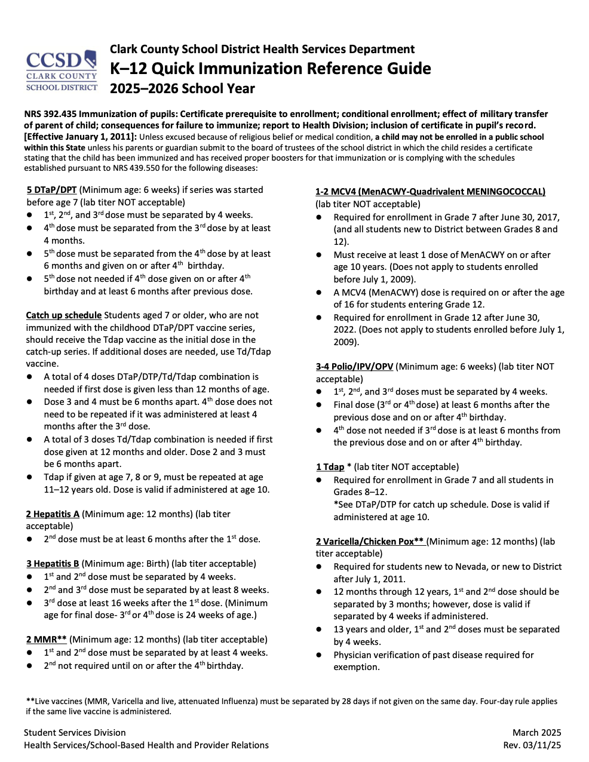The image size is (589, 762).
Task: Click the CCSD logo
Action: [61, 70]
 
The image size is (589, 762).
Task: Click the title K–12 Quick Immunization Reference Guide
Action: [270, 69]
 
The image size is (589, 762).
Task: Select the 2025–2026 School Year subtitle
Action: [182, 89]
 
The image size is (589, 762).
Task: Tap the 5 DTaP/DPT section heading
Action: [51, 190]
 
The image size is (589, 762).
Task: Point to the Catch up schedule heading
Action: [64, 315]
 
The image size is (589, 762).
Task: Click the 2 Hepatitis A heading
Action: [53, 514]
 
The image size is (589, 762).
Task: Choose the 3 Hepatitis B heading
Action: [53, 564]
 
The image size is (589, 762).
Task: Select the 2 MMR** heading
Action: [46, 640]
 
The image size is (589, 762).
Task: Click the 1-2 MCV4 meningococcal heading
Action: [430, 192]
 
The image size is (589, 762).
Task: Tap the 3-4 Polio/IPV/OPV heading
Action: [354, 367]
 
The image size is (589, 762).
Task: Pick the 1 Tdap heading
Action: [330, 467]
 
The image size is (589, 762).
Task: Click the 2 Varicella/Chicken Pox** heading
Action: [370, 542]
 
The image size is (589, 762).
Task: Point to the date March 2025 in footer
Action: [536, 733]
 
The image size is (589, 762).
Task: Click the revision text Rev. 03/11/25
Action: [532, 745]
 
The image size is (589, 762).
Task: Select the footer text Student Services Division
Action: [75, 733]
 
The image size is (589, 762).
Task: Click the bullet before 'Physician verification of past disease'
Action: [320, 655]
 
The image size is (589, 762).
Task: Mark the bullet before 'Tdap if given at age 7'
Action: [30, 477]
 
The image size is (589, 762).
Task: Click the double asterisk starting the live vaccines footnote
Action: [30, 701]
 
